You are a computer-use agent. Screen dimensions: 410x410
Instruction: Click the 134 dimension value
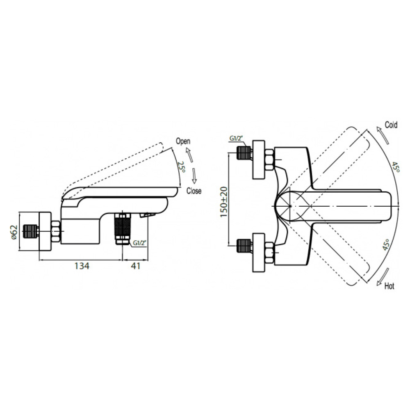[82, 266]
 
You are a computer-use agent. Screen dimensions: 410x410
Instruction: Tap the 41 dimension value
[135, 266]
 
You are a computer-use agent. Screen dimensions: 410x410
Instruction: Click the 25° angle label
[181, 167]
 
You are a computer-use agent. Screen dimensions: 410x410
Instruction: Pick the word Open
[183, 141]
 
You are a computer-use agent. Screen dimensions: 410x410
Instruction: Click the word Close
[194, 191]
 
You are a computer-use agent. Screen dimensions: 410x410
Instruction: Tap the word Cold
[391, 125]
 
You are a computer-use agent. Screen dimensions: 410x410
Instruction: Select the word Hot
[389, 286]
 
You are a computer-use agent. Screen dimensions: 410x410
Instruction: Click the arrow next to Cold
[383, 134]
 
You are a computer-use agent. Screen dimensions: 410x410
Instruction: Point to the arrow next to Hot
[382, 277]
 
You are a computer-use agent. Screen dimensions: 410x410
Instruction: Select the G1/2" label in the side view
[139, 243]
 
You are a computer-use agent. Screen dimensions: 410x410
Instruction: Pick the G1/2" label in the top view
[236, 138]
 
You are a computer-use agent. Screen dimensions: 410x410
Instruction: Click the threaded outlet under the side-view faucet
[123, 229]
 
